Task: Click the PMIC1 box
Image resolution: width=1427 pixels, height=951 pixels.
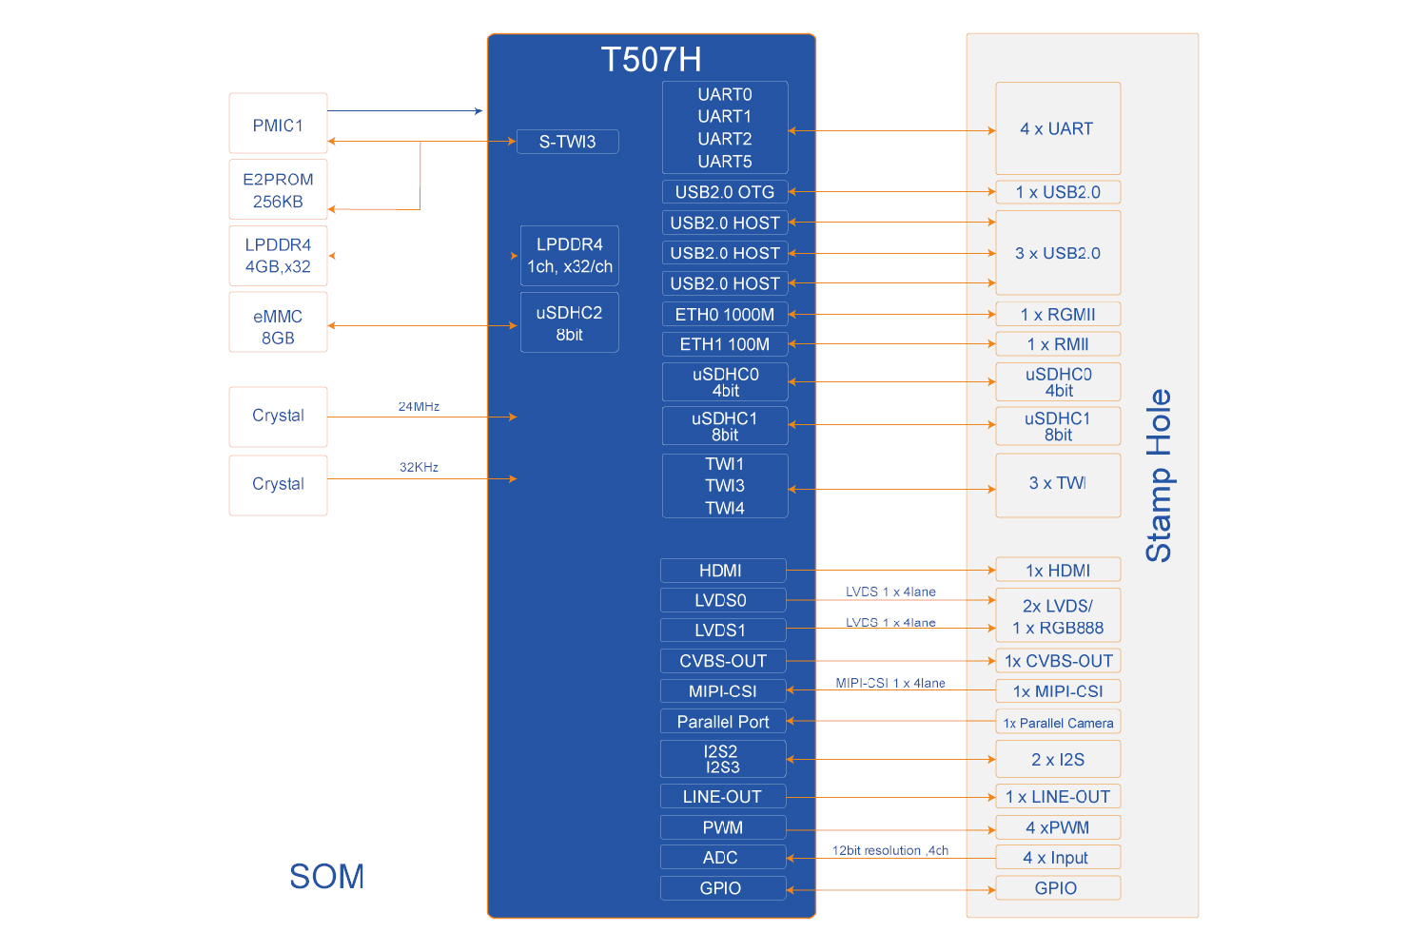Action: pyautogui.click(x=278, y=124)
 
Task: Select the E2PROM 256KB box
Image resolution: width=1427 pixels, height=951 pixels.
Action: pyautogui.click(x=278, y=190)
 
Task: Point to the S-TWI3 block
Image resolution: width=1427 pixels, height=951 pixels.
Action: pyautogui.click(x=567, y=142)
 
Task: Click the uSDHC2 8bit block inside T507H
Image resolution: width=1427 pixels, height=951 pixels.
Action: pyautogui.click(x=569, y=322)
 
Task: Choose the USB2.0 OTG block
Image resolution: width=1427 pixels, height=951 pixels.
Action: pyautogui.click(x=724, y=191)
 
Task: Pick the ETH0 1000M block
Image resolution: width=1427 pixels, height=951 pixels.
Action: pyautogui.click(x=724, y=314)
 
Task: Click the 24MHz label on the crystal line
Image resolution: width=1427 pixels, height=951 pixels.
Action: pyautogui.click(x=419, y=406)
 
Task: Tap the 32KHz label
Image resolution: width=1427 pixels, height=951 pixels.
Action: pyautogui.click(x=419, y=467)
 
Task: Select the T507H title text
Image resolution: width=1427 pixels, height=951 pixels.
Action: pyautogui.click(x=651, y=59)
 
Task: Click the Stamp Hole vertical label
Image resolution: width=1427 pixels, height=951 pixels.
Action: pyautogui.click(x=1158, y=475)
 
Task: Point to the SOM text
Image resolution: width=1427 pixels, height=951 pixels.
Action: pyautogui.click(x=326, y=876)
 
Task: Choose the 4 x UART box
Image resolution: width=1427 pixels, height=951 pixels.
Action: pyautogui.click(x=1057, y=128)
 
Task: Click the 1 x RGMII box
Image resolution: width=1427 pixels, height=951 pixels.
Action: pyautogui.click(x=1057, y=314)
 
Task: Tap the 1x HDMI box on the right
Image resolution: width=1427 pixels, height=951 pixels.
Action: pyautogui.click(x=1057, y=570)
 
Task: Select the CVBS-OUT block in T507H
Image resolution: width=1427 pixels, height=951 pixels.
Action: pyautogui.click(x=722, y=661)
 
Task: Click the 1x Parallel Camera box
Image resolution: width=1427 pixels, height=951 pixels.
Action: pyautogui.click(x=1057, y=722)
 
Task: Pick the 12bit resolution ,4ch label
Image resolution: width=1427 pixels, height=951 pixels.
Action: pyautogui.click(x=889, y=850)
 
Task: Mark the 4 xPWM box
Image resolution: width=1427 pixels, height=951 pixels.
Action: pyautogui.click(x=1057, y=827)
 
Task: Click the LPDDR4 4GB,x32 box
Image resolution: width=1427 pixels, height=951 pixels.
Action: pyautogui.click(x=278, y=256)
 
